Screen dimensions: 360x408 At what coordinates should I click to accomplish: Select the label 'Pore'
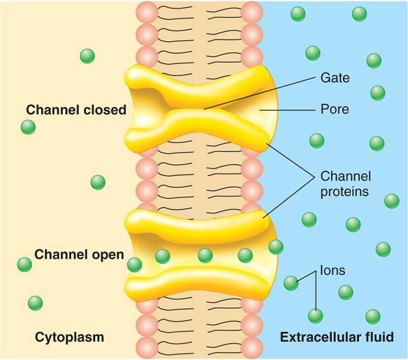pyautogui.click(x=335, y=109)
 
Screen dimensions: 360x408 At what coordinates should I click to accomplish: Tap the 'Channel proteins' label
pyautogui.click(x=346, y=184)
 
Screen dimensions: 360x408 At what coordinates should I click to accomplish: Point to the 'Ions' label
pyautogui.click(x=332, y=270)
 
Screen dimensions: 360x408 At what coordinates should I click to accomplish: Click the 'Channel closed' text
pyautogui.click(x=76, y=109)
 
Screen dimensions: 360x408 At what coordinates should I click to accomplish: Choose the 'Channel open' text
pyautogui.click(x=79, y=254)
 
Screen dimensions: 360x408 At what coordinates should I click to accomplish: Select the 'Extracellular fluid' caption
pyautogui.click(x=337, y=337)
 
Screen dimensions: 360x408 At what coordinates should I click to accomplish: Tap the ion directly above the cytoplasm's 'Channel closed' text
pyautogui.click(x=87, y=56)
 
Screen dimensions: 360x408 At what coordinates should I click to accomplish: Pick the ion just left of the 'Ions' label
pyautogui.click(x=291, y=283)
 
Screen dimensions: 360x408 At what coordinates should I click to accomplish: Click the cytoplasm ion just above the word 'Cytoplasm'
pyautogui.click(x=35, y=303)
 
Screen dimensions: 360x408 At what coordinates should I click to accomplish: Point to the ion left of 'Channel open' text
pyautogui.click(x=24, y=265)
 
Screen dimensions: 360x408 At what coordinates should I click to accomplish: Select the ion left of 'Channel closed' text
pyautogui.click(x=27, y=126)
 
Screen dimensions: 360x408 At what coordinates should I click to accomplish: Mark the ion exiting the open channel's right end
pyautogui.click(x=276, y=247)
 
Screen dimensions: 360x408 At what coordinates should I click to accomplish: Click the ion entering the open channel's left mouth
pyautogui.click(x=134, y=265)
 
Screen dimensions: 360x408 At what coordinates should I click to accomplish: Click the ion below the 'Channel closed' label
pyautogui.click(x=98, y=182)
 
